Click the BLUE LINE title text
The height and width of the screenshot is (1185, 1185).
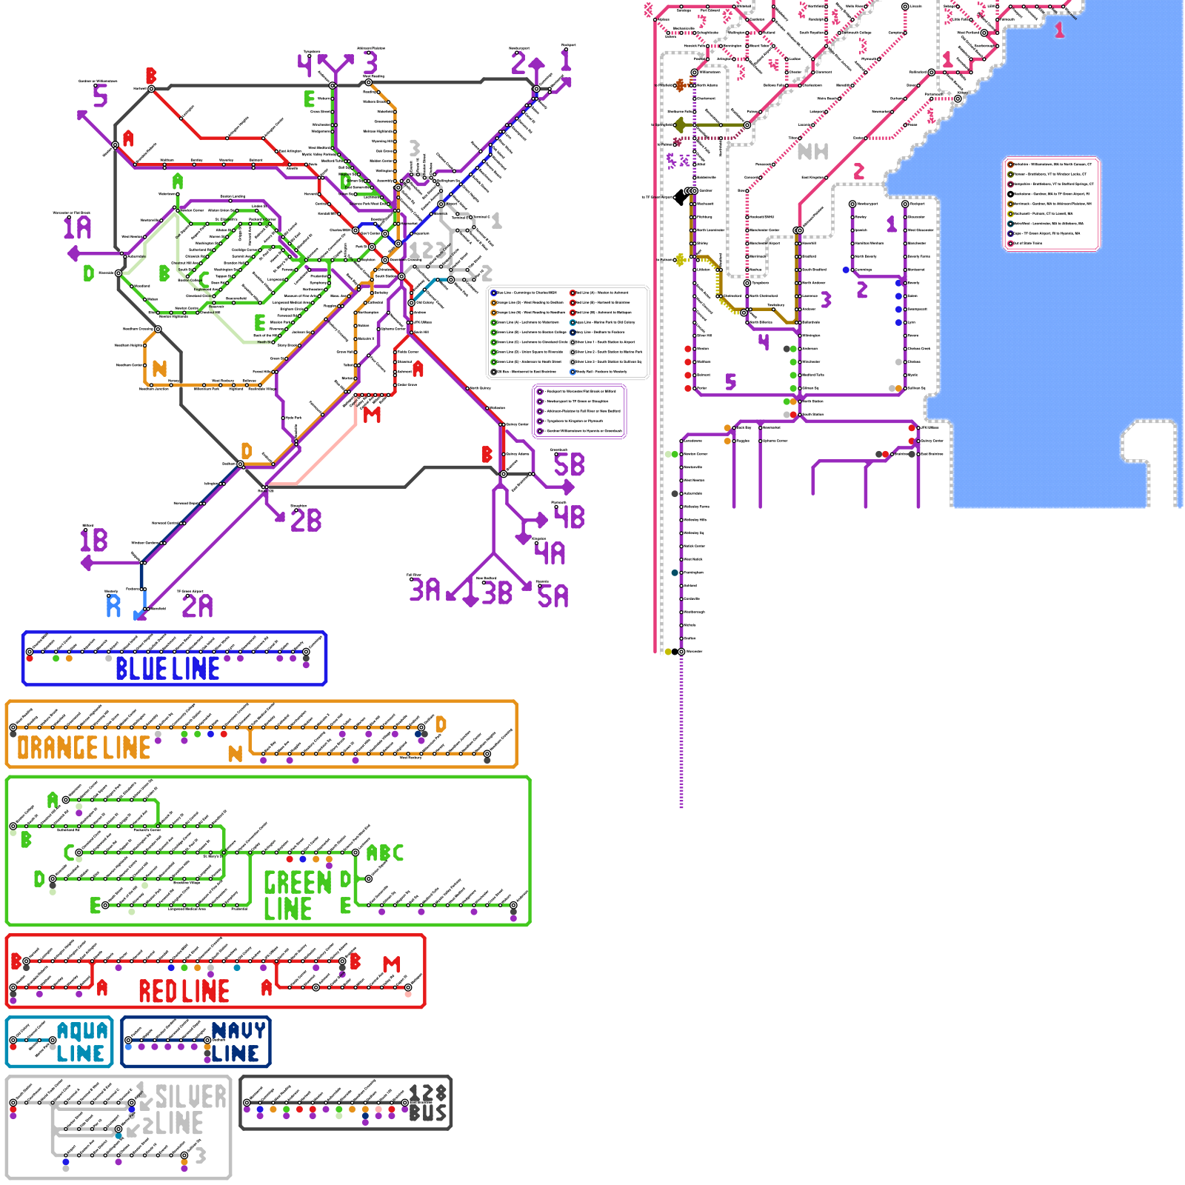tap(167, 669)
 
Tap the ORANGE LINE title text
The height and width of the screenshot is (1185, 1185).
tap(84, 748)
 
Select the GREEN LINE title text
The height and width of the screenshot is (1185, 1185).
tap(297, 895)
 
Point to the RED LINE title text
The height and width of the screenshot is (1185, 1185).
tap(184, 991)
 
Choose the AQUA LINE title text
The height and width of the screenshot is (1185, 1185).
tap(82, 1042)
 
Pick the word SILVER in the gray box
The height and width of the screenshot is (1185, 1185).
tap(191, 1097)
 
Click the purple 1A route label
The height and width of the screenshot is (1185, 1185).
tap(78, 227)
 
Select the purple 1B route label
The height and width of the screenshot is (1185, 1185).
tap(94, 541)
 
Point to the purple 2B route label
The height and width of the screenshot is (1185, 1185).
tap(306, 521)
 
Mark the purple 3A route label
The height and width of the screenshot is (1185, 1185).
tap(425, 590)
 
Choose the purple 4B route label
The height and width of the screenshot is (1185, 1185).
tap(570, 517)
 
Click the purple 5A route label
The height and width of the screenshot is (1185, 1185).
tap(553, 596)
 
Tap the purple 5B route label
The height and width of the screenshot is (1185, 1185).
tap(569, 465)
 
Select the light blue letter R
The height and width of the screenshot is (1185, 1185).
tap(113, 607)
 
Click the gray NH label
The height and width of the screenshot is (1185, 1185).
tap(812, 152)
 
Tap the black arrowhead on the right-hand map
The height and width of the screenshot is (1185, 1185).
tap(680, 198)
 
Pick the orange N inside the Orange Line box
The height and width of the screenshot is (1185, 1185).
tap(235, 754)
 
